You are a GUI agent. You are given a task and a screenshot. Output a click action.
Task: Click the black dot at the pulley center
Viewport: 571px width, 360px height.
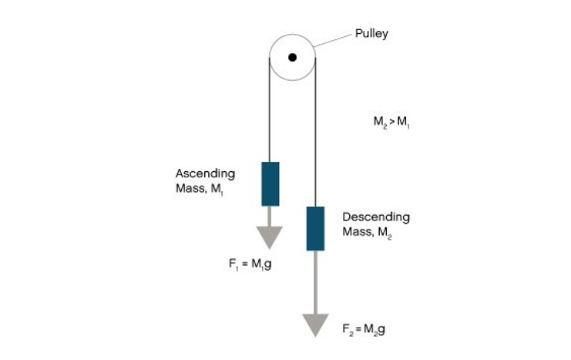click(292, 57)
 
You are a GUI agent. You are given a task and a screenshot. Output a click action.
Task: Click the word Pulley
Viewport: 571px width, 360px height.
click(371, 34)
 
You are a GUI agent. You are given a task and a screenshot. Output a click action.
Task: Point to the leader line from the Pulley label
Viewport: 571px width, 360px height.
click(332, 40)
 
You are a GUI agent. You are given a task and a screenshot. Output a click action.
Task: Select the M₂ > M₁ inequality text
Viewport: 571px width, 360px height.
click(391, 122)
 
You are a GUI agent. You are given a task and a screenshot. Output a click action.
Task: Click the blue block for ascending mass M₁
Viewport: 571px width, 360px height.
click(270, 183)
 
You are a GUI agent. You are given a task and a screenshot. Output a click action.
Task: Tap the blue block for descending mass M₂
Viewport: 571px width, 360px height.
click(315, 228)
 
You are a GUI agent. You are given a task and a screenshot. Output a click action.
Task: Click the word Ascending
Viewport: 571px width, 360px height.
click(205, 173)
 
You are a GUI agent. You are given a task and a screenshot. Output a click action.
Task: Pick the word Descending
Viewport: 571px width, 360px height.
click(376, 217)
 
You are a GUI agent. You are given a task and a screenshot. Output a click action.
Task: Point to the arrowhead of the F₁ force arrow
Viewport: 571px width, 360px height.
click(270, 237)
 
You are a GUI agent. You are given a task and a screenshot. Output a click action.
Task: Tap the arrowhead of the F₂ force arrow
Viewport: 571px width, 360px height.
click(315, 325)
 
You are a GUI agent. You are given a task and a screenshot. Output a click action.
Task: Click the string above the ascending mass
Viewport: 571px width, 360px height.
click(270, 116)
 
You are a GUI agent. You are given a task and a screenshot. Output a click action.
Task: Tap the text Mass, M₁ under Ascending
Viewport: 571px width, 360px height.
click(199, 189)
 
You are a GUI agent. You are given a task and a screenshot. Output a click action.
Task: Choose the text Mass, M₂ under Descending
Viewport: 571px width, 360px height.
click(368, 233)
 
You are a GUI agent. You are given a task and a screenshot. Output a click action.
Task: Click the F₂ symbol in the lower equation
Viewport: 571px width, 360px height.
click(348, 329)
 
